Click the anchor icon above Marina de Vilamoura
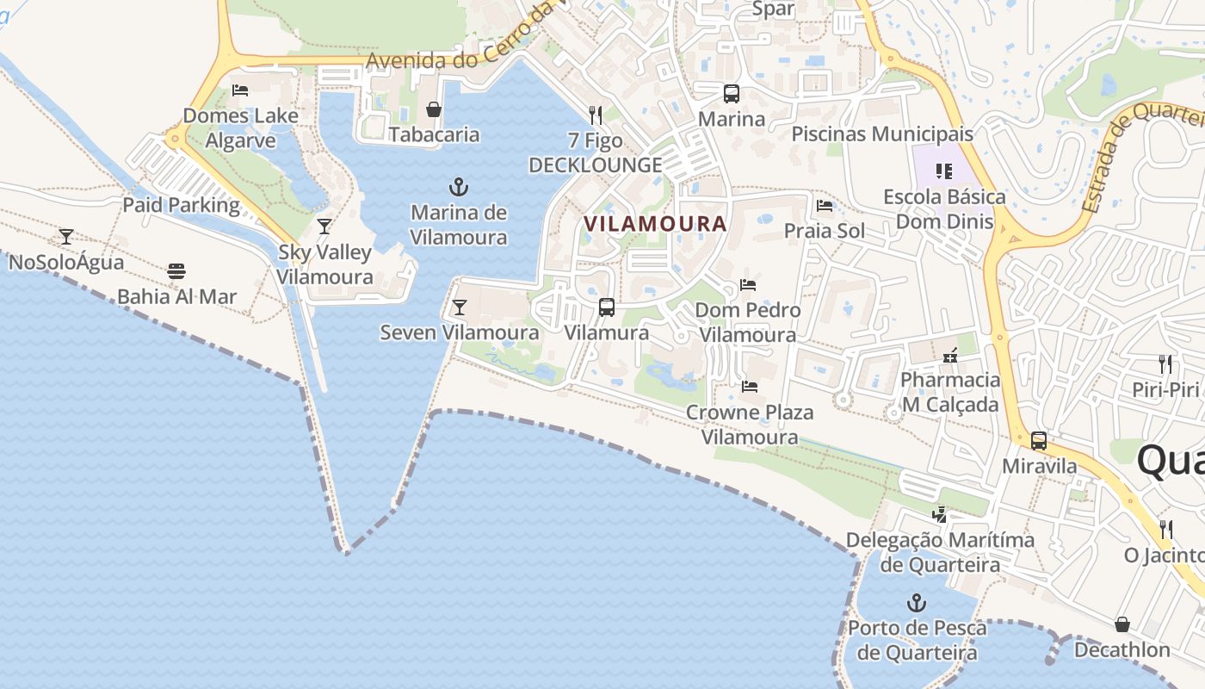tap(459, 187)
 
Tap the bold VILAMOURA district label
tap(655, 224)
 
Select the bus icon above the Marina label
tap(731, 94)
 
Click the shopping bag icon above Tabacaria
tap(434, 109)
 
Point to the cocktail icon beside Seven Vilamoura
tap(460, 307)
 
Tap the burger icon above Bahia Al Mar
tap(176, 271)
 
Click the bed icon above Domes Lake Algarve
tap(240, 90)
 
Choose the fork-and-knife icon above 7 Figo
tap(595, 114)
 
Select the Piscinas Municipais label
tap(882, 134)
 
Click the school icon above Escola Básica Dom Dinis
tap(944, 171)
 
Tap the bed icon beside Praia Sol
tap(825, 206)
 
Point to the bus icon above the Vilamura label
tap(607, 307)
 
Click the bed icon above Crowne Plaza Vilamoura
tap(750, 387)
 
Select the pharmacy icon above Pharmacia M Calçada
tap(950, 355)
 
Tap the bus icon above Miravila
tap(1039, 441)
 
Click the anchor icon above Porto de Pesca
tap(917, 603)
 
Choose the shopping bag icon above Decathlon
tap(1122, 624)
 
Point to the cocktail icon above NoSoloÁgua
tap(66, 236)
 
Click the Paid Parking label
tap(181, 205)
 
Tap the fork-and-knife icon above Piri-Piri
tap(1165, 363)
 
